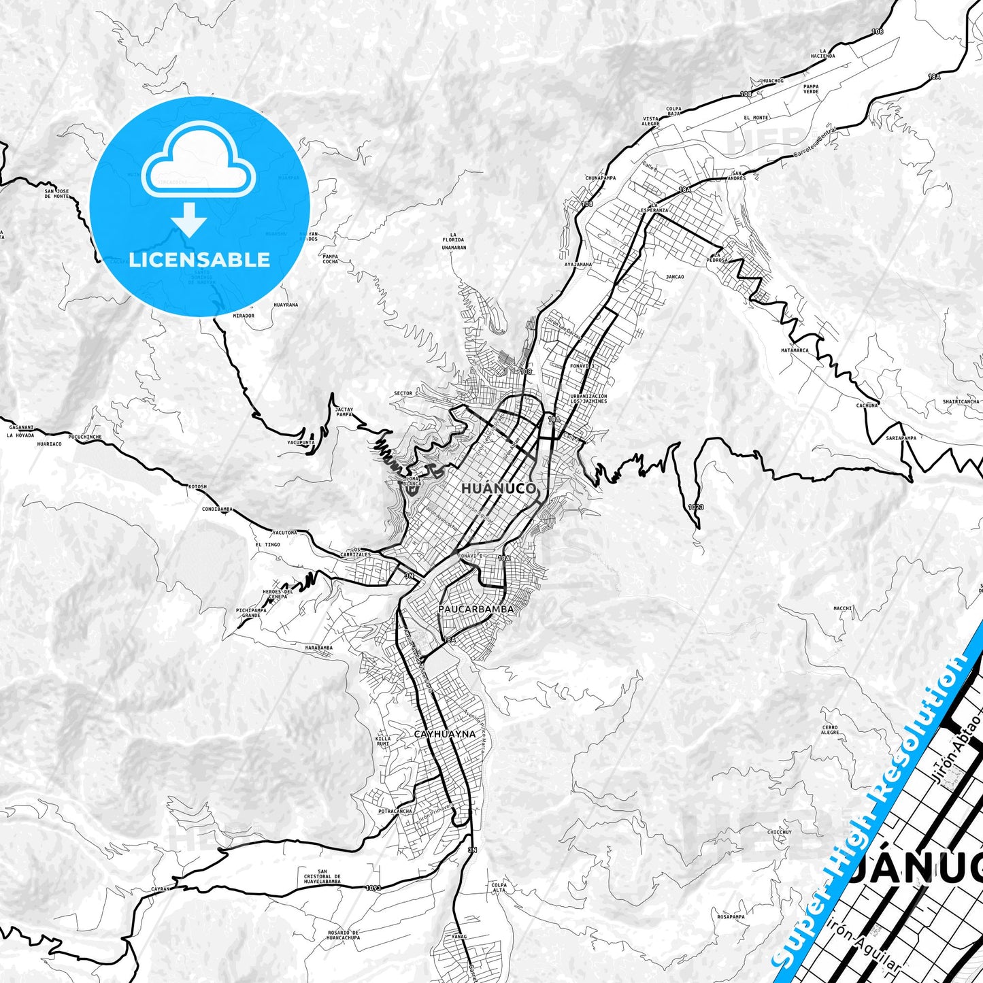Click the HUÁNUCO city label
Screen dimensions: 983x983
[x=499, y=488]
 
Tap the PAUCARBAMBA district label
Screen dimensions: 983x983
[x=476, y=610]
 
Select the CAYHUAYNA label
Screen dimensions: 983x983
[x=445, y=734]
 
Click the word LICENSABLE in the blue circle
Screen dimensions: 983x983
[x=199, y=259]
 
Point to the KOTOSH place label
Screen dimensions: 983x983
[x=197, y=486]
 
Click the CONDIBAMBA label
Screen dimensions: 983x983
[x=218, y=509]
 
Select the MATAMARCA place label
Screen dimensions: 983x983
[x=795, y=350]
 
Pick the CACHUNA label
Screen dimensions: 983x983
[x=867, y=405]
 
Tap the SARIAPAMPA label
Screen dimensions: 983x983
[x=901, y=438]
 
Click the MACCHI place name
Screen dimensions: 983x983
[x=843, y=608]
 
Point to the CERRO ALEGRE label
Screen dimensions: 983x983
[x=830, y=730]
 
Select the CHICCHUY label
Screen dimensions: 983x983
[x=780, y=832]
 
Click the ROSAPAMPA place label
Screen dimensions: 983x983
[x=731, y=916]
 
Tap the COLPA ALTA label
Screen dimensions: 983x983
[x=499, y=887]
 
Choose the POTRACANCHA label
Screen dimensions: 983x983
[x=395, y=811]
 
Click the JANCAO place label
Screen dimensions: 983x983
[x=675, y=277]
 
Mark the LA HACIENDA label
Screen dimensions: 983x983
[x=822, y=53]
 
